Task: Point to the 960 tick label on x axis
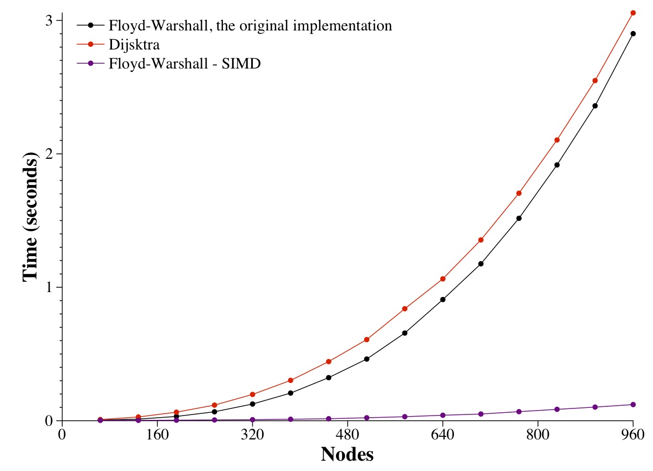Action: coord(633,434)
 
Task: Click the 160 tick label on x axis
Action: coord(157,434)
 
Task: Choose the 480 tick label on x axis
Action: coord(347,434)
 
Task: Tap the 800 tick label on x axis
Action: coord(538,434)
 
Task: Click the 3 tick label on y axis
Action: coord(49,20)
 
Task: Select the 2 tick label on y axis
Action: coord(49,154)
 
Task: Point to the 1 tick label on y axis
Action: coord(49,287)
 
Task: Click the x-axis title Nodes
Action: coord(347,454)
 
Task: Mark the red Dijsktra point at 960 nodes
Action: coord(633,13)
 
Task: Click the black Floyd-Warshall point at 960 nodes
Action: coord(633,34)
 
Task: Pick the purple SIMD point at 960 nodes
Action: coord(633,405)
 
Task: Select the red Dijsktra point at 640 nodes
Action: coord(443,279)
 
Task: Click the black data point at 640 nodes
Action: coord(443,300)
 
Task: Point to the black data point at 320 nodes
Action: coord(252,404)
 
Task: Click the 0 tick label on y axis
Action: coord(49,421)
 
